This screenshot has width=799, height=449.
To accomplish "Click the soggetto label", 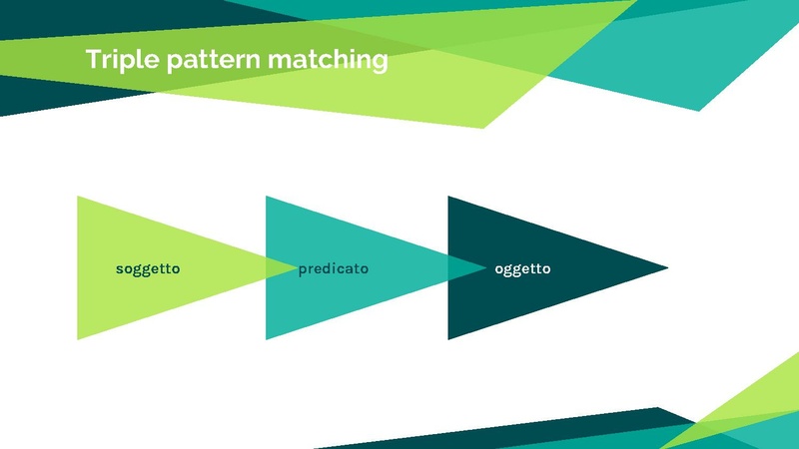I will (148, 268).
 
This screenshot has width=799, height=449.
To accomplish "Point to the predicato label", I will (334, 268).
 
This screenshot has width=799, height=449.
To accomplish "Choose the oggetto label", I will (522, 268).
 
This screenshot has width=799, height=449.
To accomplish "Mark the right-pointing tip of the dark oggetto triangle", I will (665, 267).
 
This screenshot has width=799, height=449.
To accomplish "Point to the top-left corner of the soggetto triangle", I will (79, 199).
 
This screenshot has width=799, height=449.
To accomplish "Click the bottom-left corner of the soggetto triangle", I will (79, 337).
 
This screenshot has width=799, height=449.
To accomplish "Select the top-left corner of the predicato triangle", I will (267, 199).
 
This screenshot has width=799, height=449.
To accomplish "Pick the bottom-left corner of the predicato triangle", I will (267, 337).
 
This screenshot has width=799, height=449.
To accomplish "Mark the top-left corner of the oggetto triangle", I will (449, 199).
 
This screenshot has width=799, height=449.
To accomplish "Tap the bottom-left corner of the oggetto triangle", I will (449, 337).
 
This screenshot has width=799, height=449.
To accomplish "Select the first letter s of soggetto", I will (120, 269).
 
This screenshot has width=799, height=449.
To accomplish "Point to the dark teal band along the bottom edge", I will (559, 431).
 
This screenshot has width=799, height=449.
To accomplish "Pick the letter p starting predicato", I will (303, 270).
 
